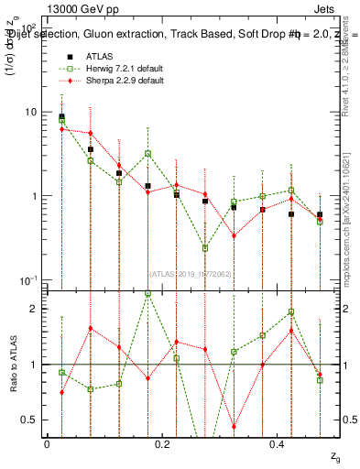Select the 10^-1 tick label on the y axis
pos(27,279)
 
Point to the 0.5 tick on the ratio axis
pos(30,420)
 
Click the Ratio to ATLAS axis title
pos(12,364)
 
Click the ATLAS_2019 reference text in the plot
pos(191,273)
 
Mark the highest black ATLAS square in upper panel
pos(61,117)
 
